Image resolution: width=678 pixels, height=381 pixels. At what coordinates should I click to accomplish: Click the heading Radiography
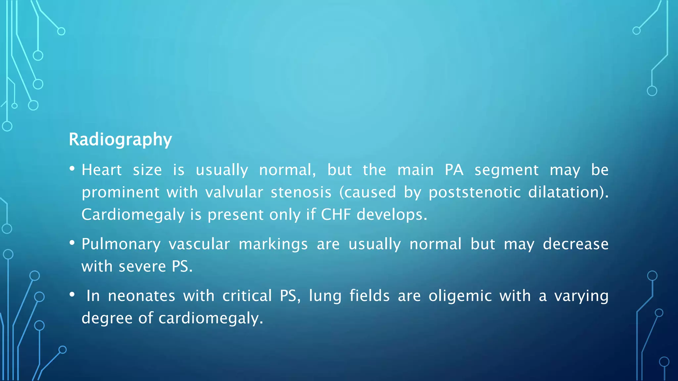point(120,140)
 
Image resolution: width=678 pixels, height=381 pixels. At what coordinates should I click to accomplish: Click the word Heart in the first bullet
point(102,170)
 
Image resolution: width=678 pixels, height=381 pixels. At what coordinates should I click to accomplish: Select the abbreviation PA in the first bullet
point(454,170)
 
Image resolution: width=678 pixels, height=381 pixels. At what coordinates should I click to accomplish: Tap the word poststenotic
point(474,192)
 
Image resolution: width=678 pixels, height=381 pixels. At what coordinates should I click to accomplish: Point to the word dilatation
point(566,192)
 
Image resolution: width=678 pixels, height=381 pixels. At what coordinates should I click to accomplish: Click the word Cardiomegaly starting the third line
point(133,215)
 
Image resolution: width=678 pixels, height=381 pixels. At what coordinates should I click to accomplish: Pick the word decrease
point(575,244)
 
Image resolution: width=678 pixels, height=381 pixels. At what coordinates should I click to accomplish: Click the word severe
point(142,267)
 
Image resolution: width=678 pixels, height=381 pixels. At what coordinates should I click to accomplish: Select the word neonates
point(141,296)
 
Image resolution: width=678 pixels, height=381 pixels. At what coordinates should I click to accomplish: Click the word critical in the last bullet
point(247,296)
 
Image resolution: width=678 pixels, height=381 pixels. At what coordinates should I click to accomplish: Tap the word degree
point(107,318)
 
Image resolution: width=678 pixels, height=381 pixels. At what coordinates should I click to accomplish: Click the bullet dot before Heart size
point(72,169)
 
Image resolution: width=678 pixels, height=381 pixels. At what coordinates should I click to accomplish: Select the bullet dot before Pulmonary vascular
point(72,243)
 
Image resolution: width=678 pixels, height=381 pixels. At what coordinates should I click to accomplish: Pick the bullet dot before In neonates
point(72,295)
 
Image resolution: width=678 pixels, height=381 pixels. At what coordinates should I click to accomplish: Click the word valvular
point(234,192)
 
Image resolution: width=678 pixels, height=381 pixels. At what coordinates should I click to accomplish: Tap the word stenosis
point(301,192)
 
